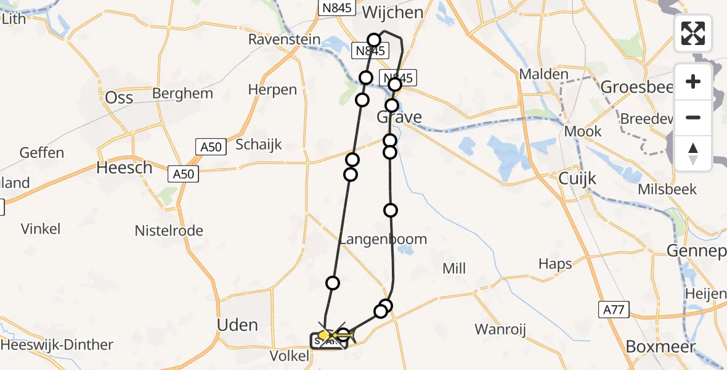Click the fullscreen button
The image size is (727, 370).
point(693,33)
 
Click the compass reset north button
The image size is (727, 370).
point(693,154)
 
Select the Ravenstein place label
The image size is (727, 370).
point(284,39)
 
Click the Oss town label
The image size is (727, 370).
point(120,97)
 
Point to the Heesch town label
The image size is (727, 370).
point(124,168)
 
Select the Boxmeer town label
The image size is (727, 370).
point(660,347)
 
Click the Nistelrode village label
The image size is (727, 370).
point(169,231)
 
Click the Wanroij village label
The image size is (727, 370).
point(500,330)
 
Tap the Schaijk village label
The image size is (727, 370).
point(259,145)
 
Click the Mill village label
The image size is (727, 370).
point(454,268)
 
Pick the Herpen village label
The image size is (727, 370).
point(272,90)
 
